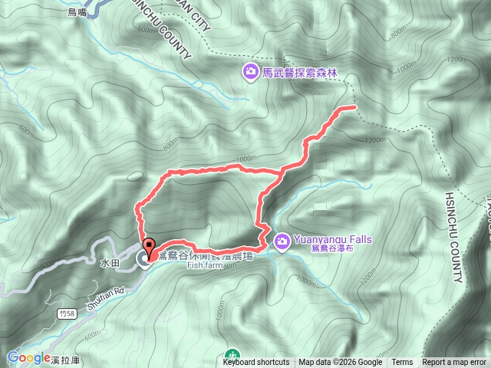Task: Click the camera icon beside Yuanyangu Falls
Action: point(282,242)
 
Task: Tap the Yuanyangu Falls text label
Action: point(331,239)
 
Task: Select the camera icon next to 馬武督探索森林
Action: point(250,73)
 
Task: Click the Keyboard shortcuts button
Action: point(256,363)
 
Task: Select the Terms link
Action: point(402,363)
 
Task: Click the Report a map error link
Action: point(456,363)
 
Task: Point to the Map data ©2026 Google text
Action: point(340,363)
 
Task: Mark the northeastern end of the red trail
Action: point(355,107)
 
